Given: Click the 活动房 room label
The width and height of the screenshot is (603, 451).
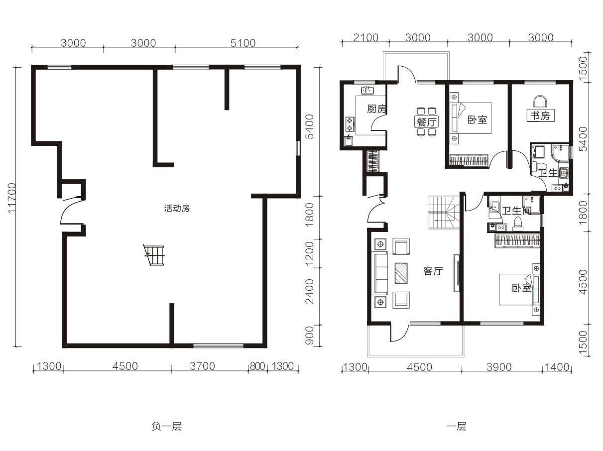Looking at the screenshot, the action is [177, 209].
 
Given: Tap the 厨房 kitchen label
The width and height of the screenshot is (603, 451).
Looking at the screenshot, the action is [376, 109].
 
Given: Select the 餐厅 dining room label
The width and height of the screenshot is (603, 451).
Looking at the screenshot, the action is [426, 121].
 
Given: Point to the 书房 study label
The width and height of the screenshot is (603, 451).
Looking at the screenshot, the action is [540, 115].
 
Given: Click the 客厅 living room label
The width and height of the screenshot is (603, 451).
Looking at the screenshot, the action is [433, 271].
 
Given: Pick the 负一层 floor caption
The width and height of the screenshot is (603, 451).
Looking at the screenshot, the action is [167, 427].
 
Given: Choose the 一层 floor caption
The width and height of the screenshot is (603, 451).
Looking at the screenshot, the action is [457, 427].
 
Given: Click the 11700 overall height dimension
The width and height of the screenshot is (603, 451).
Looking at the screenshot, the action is [12, 198].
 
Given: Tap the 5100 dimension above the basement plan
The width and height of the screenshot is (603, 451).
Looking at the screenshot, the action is [243, 43].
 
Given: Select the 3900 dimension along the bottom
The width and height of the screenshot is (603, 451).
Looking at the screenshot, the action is [499, 367].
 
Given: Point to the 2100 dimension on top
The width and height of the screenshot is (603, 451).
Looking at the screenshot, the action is [365, 38].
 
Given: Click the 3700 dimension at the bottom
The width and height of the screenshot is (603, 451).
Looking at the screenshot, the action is [202, 366].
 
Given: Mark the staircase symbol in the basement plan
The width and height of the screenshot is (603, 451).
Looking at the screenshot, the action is [153, 255].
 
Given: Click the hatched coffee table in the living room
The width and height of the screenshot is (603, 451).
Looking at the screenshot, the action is [401, 273].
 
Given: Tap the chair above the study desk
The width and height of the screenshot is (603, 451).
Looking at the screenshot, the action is [540, 102].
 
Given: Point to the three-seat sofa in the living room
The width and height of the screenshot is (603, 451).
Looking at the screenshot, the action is [381, 273].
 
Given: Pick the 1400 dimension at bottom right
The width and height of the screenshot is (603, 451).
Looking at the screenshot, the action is [557, 367].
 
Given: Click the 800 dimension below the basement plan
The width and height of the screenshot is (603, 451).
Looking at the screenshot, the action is [257, 366].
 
